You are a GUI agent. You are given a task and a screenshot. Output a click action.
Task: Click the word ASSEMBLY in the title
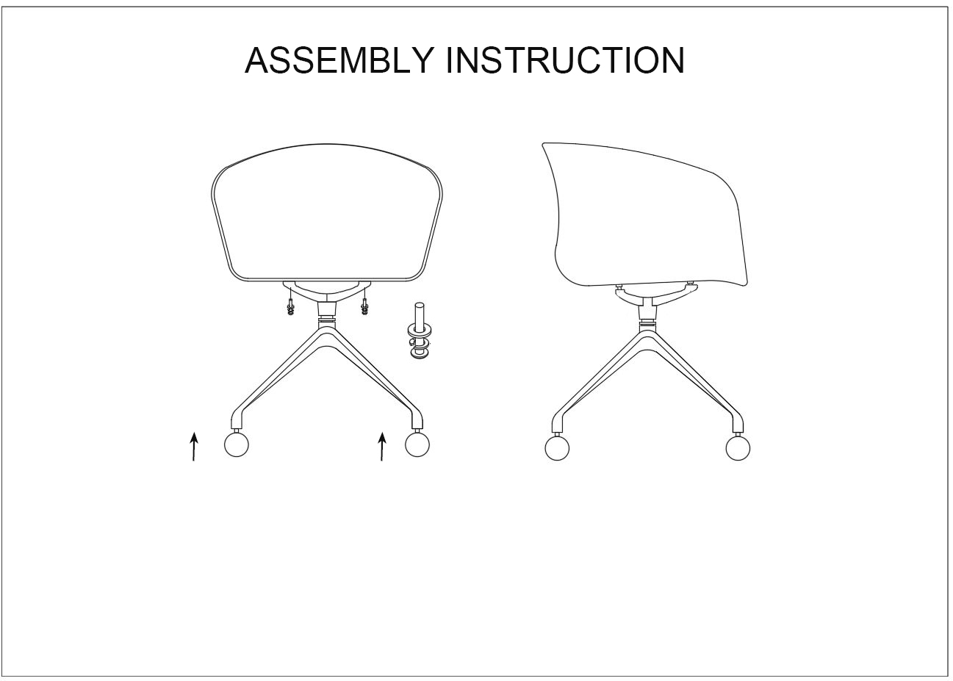click(x=339, y=60)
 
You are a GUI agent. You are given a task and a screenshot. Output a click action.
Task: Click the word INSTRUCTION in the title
click(x=565, y=60)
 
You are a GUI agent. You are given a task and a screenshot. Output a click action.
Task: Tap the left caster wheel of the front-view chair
click(x=237, y=444)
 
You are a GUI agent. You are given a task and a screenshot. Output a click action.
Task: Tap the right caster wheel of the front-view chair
click(x=417, y=444)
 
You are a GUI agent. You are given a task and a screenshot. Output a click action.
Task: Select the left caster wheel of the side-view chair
click(x=557, y=447)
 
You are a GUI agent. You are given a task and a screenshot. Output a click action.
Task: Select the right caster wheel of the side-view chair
click(x=738, y=447)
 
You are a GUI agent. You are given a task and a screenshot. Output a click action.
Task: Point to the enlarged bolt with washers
click(x=420, y=330)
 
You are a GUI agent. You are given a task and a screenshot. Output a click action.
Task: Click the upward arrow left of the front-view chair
click(x=194, y=446)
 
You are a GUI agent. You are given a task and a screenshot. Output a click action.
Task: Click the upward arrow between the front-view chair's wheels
click(x=382, y=446)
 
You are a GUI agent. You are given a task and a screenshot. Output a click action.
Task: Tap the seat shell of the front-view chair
click(x=327, y=213)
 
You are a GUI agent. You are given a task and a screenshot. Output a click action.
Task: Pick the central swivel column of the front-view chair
click(x=327, y=314)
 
